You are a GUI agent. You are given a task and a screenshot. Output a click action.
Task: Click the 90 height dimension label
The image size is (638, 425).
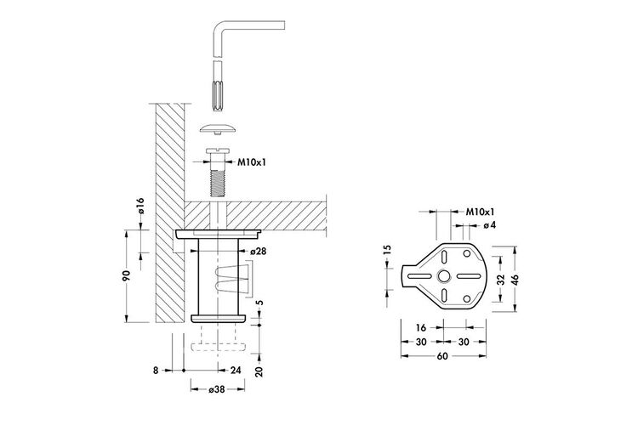126,275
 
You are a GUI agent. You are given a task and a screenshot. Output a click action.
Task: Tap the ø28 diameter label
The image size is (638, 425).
259,252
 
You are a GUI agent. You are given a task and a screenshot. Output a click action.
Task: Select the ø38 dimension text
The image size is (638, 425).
217,389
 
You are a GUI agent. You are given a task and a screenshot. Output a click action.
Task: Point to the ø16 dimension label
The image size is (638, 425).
140,206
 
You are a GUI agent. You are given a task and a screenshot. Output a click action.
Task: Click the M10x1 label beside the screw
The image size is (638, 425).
252,162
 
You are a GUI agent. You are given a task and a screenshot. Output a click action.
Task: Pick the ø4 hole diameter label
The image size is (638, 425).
490,225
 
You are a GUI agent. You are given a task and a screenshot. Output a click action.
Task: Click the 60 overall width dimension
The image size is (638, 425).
442,356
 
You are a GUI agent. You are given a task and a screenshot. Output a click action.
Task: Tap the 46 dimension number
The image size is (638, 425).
516,280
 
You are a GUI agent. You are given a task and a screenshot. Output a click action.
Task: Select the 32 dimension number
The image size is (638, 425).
501,280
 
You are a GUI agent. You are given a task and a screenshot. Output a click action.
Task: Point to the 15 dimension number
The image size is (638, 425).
387,249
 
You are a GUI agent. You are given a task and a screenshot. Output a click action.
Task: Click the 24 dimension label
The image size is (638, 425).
236,370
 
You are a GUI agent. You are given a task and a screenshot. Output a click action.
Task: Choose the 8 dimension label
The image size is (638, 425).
156,371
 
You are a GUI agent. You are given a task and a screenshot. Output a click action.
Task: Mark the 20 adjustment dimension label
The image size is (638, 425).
259,371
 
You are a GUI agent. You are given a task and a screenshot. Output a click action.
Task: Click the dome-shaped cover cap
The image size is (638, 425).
219,128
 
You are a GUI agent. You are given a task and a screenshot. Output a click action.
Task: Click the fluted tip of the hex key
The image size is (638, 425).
219,95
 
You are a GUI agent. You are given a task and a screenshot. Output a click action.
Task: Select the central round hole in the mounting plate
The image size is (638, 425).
444,276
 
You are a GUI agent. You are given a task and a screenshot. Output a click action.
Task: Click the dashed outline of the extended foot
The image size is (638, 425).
219,347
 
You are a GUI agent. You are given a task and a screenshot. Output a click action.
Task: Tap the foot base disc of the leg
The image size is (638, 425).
219,319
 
